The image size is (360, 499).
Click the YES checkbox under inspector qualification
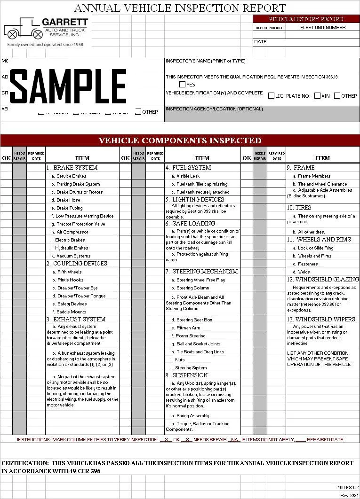tap(182, 85)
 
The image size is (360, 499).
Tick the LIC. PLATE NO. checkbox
tap(271, 96)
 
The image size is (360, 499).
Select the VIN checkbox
tap(317, 96)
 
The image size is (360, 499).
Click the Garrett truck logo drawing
tap(23, 30)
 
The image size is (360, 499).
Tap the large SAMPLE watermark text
tap(68, 86)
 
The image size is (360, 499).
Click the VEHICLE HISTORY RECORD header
tap(306, 19)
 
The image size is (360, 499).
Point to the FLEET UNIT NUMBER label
tap(323, 27)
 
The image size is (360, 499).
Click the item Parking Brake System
tap(78, 184)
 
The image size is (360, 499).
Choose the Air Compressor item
tap(72, 232)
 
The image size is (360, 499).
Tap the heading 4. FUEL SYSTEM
tap(188, 168)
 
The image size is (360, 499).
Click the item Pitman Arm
tap(188, 328)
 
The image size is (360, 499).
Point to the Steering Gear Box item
tap(194, 320)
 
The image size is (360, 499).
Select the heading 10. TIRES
tap(299, 208)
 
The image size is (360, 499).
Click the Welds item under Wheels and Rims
tap(304, 272)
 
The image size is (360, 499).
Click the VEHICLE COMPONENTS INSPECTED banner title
tap(180, 140)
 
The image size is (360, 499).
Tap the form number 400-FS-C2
tap(348, 488)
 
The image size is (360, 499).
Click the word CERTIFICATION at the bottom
tap(24, 463)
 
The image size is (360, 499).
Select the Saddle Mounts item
tap(72, 312)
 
